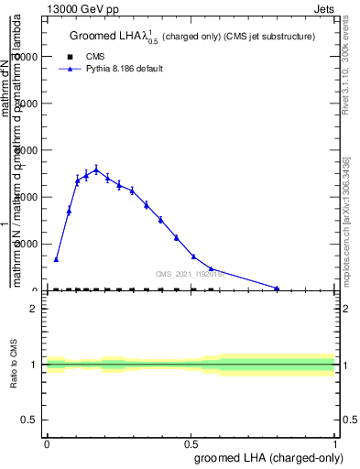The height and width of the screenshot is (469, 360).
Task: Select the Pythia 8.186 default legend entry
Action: pos(124,69)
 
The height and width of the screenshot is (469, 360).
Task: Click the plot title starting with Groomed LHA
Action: pos(192,36)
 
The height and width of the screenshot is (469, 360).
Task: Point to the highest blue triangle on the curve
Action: pos(96,169)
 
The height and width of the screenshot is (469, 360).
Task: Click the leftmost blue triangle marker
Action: pos(56,259)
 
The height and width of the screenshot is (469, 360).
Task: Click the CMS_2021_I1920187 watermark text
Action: pos(190,274)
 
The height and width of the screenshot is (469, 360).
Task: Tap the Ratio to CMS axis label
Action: pos(15,365)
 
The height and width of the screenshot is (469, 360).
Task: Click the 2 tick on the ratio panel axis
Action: pos(35,309)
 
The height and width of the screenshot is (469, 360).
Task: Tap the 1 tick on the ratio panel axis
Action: pos(35,365)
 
